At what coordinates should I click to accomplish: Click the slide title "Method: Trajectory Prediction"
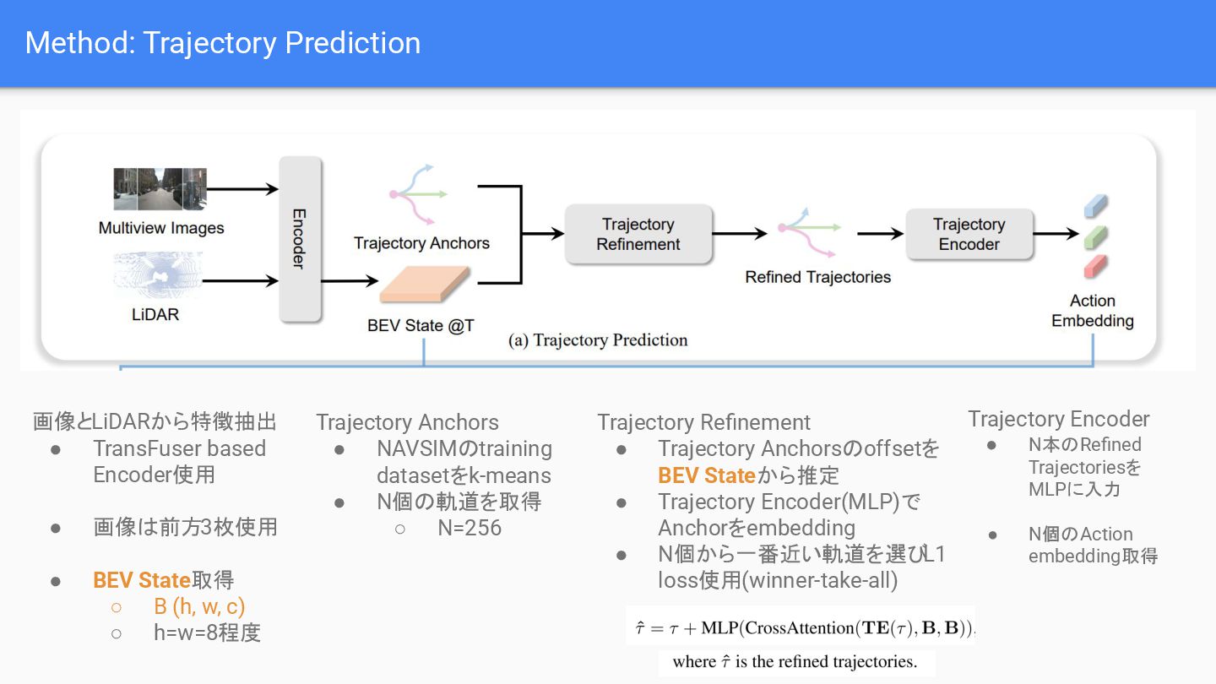(x=223, y=43)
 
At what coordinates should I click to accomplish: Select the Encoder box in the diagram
(x=300, y=238)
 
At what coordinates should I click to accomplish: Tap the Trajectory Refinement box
(x=638, y=234)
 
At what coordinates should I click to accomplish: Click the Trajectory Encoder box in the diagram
(x=969, y=234)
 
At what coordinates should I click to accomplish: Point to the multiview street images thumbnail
(x=160, y=189)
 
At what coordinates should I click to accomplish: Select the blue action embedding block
(x=1094, y=205)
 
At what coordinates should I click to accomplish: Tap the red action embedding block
(x=1094, y=266)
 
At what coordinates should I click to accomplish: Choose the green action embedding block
(x=1094, y=236)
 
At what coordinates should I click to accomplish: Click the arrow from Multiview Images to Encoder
(x=242, y=189)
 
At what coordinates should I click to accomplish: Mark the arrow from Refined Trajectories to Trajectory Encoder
(x=879, y=234)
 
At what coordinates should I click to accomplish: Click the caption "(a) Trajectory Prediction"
(x=598, y=340)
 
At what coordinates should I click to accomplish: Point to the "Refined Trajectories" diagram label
(x=817, y=277)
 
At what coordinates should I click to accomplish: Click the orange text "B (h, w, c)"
(x=199, y=606)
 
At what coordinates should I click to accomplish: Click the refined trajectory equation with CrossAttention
(x=801, y=627)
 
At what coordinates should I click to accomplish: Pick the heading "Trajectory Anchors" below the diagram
(x=407, y=422)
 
